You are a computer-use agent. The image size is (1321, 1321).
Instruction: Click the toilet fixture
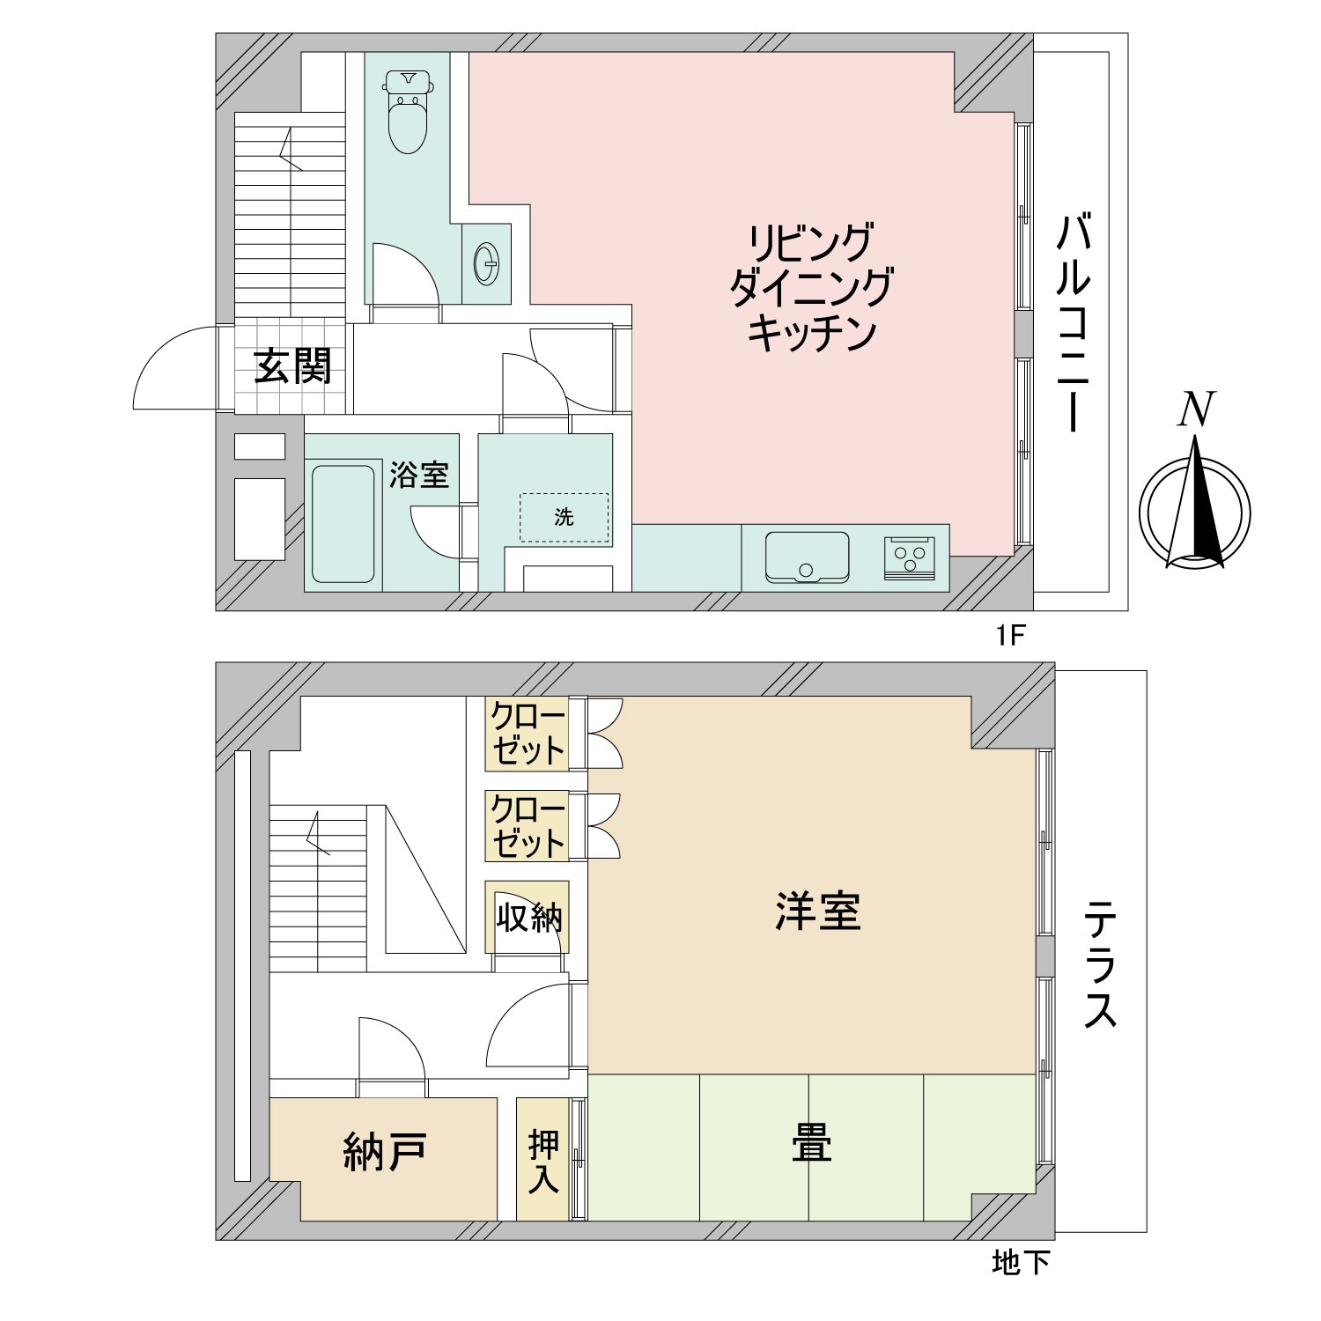point(407,112)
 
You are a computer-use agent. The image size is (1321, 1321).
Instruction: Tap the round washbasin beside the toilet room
point(486,262)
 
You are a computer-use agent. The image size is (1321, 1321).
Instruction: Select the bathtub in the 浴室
point(343,523)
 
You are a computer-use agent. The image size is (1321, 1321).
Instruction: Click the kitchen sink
point(807,557)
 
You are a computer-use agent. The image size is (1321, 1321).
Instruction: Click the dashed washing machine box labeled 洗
point(564,518)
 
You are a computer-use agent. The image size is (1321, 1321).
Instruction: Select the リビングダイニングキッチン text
point(811,288)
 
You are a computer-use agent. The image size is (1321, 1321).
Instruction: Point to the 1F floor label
point(1011,635)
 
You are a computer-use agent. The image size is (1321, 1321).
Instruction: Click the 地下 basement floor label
point(1021,1263)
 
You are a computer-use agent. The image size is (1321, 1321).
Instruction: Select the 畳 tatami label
point(811,1143)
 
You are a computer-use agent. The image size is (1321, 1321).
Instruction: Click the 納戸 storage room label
point(385,1152)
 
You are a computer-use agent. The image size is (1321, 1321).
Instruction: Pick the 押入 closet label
point(543,1161)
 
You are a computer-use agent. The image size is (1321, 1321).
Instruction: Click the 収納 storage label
point(529,918)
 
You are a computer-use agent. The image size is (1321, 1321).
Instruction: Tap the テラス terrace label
point(1101,964)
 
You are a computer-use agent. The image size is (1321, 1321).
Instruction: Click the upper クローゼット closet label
point(528,734)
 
